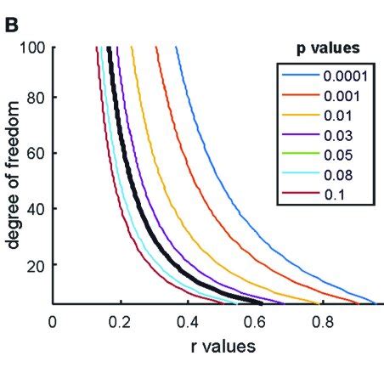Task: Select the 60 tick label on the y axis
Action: click(x=36, y=153)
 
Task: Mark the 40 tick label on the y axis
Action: click(x=36, y=208)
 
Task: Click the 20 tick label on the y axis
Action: click(x=36, y=264)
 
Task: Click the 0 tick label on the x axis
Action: click(x=53, y=320)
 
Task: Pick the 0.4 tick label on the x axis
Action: click(x=188, y=320)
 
